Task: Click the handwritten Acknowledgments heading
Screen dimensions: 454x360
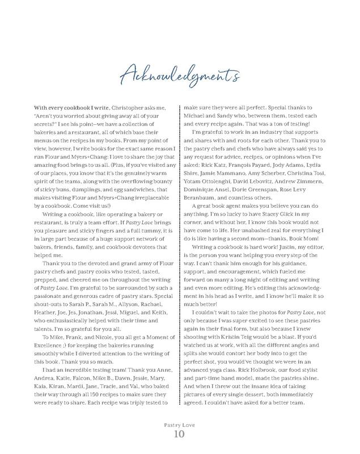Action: coord(180,73)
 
